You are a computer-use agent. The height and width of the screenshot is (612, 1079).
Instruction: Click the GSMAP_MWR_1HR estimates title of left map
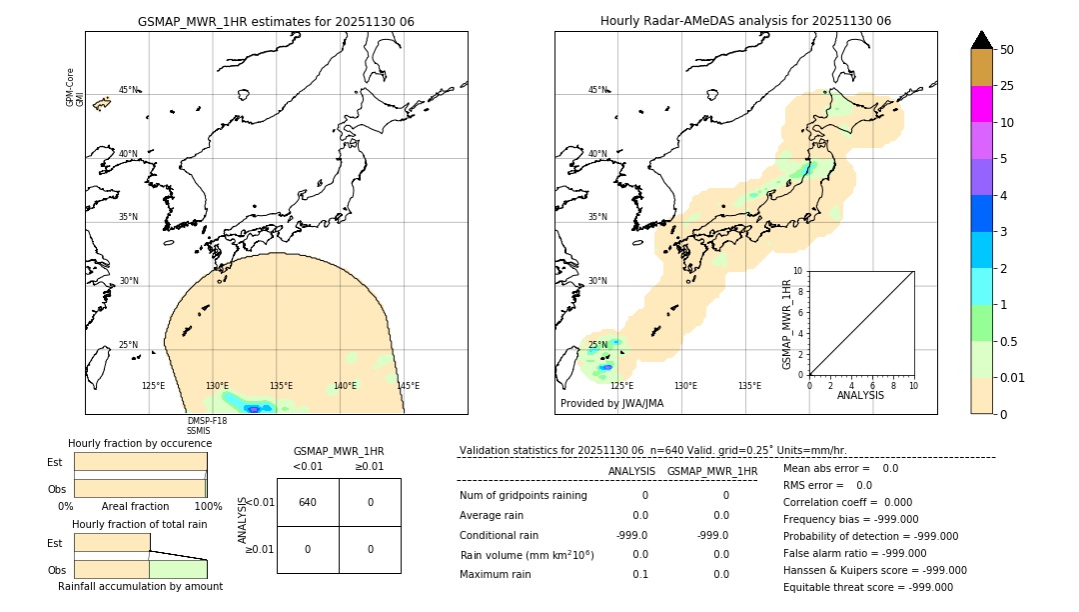coord(276,21)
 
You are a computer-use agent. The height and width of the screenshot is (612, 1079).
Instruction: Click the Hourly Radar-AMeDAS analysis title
coord(745,21)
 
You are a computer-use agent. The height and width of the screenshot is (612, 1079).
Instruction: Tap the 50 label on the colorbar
coord(1007,50)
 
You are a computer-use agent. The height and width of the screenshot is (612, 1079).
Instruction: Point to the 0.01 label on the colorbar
coord(1013,377)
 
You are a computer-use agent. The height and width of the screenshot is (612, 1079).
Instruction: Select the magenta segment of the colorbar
coord(981,104)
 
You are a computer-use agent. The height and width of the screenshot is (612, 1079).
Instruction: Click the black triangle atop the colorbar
coord(981,40)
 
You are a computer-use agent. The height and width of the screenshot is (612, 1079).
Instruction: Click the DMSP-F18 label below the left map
coord(207,421)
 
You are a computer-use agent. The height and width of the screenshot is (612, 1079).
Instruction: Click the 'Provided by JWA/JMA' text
coord(611,404)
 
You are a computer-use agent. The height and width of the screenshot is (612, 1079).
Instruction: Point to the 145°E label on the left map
coord(408,386)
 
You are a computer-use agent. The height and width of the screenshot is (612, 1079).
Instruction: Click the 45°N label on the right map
coord(597,90)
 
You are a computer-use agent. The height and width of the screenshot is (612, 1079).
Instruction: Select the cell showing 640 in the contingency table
coord(308,502)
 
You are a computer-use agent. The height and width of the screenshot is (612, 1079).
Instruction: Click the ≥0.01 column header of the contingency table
coord(370,466)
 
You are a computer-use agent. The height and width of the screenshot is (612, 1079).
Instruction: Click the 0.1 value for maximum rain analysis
coord(639,574)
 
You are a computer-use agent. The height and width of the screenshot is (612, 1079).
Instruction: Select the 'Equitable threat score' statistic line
coord(867,588)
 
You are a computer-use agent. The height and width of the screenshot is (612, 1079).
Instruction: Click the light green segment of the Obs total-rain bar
coord(178,569)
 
